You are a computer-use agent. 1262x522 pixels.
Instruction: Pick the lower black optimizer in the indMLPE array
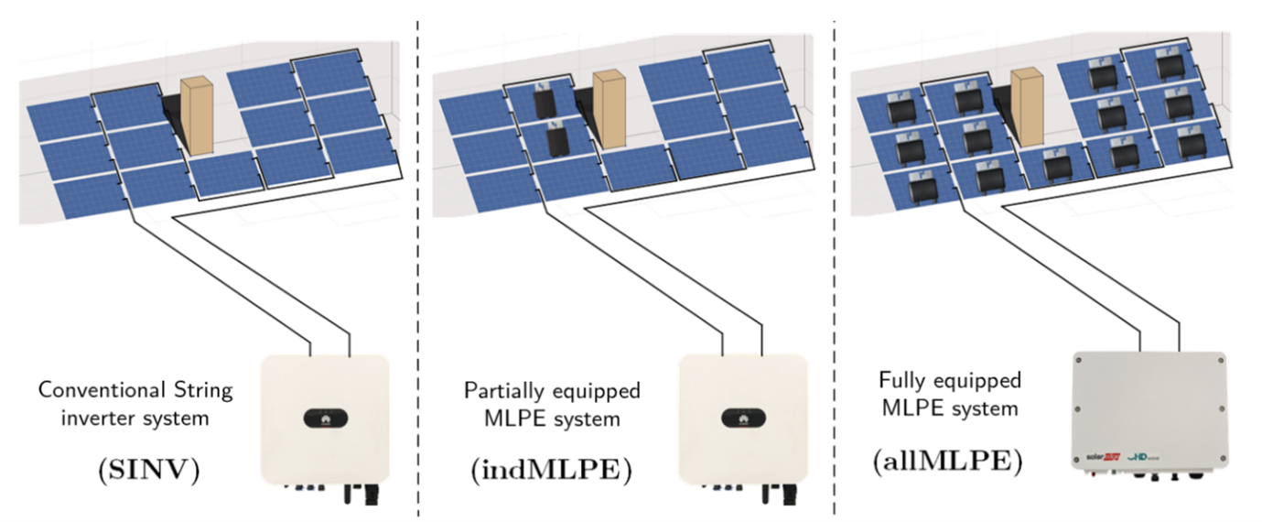(x=555, y=142)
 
